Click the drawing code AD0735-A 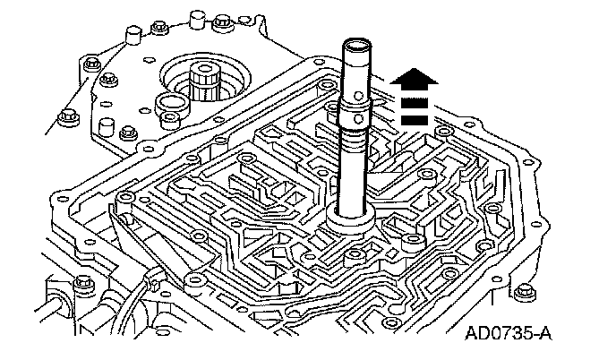(x=508, y=336)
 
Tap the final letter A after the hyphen (x=543, y=336)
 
